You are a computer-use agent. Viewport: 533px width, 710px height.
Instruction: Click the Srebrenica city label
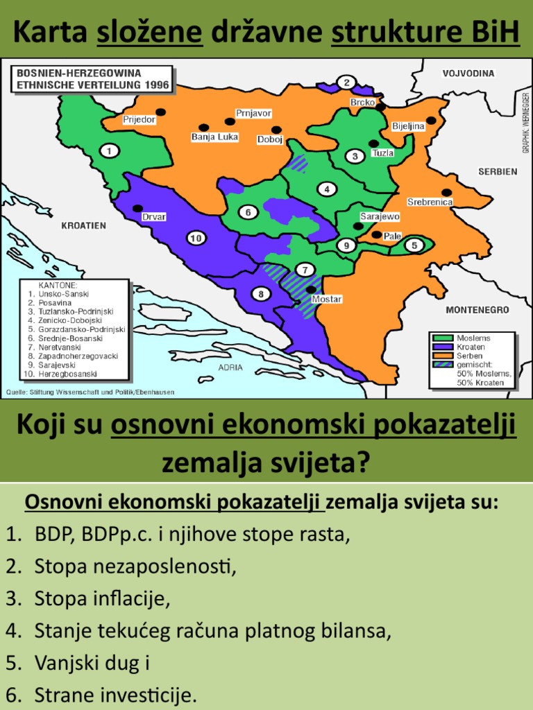430,202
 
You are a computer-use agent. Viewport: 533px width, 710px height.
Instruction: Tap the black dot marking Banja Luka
203,128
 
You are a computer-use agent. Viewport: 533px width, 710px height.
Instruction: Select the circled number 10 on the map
196,239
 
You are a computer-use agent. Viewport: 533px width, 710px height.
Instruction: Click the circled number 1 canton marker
108,150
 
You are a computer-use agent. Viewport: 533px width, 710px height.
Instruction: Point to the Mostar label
327,299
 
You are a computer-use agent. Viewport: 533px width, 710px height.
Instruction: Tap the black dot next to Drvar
138,208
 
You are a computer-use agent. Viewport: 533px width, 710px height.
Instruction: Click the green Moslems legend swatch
443,338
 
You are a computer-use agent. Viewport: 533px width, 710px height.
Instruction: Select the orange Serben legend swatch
443,355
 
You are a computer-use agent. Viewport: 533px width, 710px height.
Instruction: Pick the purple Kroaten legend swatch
443,347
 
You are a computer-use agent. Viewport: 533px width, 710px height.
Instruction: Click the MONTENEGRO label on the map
477,310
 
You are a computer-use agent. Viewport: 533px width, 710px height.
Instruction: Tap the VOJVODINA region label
468,73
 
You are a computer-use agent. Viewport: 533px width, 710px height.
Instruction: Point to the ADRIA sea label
231,367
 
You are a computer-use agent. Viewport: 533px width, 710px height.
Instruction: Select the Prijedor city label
139,119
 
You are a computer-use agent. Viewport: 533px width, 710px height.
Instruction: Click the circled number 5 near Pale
414,245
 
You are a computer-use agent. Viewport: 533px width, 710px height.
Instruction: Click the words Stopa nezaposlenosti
135,566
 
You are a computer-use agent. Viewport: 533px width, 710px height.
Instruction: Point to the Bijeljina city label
408,126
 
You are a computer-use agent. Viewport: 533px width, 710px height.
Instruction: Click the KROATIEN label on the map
83,225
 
